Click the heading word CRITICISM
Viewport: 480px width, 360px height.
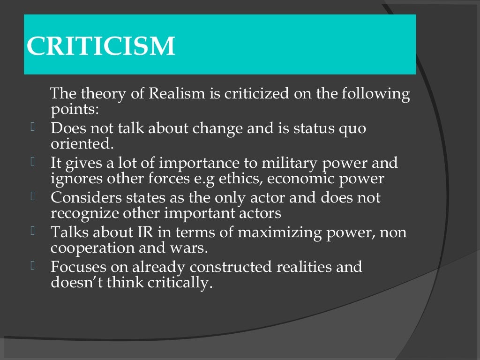101,46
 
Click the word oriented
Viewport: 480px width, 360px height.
82,143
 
